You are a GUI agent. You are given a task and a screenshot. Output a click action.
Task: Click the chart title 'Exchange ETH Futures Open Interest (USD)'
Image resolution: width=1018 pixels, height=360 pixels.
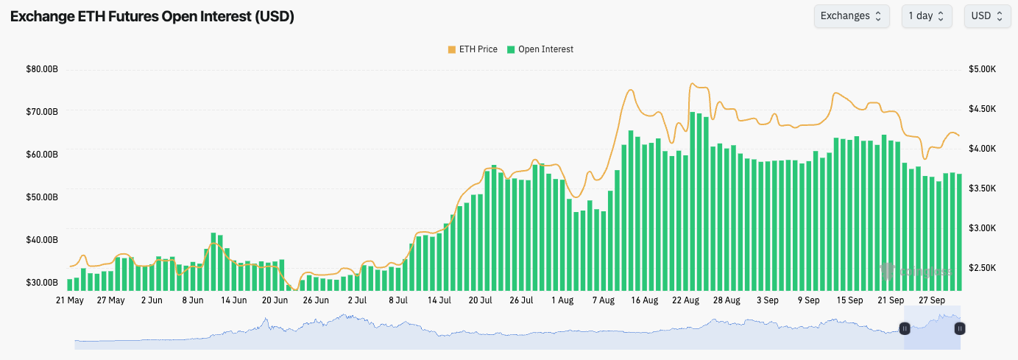click(x=152, y=16)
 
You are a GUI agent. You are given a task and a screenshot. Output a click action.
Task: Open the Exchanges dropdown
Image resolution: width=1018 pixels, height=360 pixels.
click(x=851, y=16)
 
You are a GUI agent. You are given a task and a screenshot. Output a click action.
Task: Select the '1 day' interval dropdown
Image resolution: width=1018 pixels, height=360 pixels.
click(x=926, y=16)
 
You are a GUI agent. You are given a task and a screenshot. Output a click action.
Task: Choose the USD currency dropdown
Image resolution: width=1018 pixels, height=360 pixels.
click(x=986, y=16)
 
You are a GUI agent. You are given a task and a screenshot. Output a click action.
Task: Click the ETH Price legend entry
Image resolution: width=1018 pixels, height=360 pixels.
click(x=473, y=49)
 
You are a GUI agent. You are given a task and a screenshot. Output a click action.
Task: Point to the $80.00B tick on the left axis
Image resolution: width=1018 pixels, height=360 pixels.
click(x=42, y=69)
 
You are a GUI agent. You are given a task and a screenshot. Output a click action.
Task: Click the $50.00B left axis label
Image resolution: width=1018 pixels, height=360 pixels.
click(x=42, y=197)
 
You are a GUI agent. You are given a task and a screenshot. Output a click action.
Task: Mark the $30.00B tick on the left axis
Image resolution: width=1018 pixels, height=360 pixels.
click(x=42, y=283)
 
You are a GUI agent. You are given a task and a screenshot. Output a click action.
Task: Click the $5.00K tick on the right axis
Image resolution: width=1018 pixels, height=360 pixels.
click(x=982, y=69)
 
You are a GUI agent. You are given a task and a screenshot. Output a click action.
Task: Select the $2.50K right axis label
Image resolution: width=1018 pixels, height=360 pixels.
click(x=982, y=268)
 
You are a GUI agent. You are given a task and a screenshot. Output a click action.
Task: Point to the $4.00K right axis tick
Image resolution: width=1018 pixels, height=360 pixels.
click(x=982, y=149)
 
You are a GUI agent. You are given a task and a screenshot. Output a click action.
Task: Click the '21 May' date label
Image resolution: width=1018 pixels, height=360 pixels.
click(x=70, y=300)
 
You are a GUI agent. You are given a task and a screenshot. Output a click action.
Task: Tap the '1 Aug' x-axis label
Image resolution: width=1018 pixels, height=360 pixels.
click(x=562, y=300)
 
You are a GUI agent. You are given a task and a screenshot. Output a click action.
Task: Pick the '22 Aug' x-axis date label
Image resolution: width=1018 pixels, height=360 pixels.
click(x=685, y=300)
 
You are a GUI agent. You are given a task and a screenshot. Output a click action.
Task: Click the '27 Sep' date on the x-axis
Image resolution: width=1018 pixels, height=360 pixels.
click(x=932, y=300)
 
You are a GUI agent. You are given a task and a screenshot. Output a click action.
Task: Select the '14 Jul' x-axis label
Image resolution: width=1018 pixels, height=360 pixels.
click(x=439, y=300)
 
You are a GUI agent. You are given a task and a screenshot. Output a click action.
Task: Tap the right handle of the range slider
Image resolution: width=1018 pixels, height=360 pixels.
click(x=960, y=328)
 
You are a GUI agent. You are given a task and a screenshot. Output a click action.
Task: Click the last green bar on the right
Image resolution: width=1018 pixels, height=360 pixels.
click(x=959, y=232)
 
